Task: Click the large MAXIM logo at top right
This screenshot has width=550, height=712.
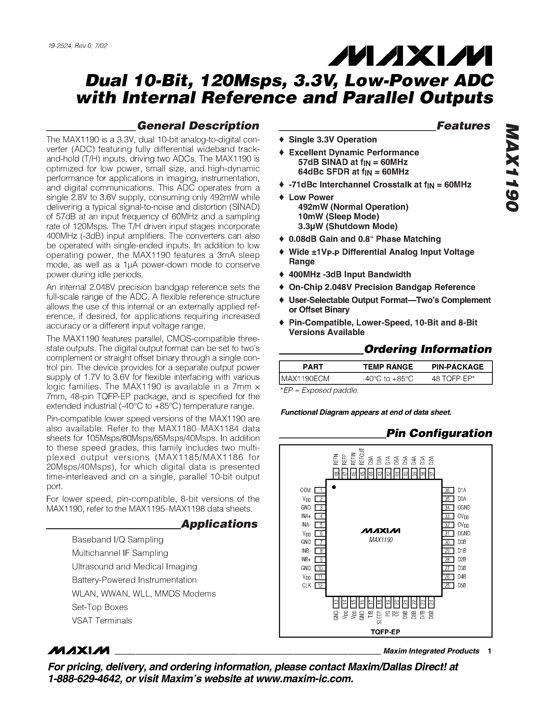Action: pos(410,56)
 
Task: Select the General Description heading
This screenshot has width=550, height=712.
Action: pos(198,126)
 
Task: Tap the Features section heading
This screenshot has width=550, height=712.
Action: pos(463,126)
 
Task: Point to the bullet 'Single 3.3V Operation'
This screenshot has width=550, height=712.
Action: pos(332,140)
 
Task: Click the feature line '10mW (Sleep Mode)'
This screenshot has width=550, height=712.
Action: pos(338,217)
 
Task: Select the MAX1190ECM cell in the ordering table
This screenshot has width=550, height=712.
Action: pos(305,379)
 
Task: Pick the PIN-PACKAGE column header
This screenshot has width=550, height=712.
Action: pos(457,367)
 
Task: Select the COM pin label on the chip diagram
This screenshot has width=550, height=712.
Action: pos(305,490)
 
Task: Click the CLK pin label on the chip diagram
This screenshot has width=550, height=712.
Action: pos(306,585)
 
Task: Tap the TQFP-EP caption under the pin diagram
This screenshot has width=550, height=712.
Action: pos(385,632)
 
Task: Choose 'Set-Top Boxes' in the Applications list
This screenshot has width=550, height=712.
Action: pos(100,607)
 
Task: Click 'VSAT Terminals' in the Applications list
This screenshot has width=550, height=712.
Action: pos(102,621)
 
